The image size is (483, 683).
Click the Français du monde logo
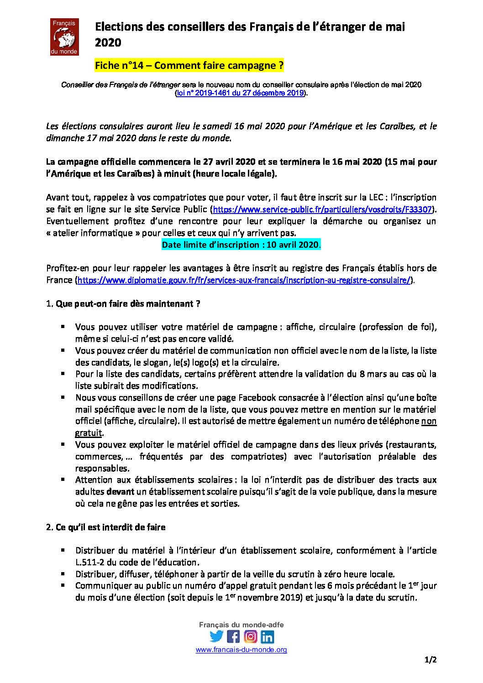tap(64, 37)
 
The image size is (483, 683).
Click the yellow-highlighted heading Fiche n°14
tap(189, 66)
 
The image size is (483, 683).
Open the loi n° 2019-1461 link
tap(241, 93)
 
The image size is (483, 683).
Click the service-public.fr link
tap(322, 210)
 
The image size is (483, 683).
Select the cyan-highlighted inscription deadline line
tap(241, 245)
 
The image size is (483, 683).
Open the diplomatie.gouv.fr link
tap(244, 280)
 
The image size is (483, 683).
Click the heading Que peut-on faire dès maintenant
tap(128, 304)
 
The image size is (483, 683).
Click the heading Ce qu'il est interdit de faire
tap(110, 527)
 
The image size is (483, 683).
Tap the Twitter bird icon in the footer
tap(216, 636)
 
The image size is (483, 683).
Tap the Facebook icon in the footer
tap(233, 636)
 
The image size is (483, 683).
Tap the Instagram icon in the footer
tap(251, 636)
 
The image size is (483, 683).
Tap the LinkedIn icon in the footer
tap(268, 636)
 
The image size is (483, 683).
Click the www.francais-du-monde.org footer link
tap(241, 650)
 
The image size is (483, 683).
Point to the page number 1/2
tap(430, 660)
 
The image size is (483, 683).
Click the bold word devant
tap(120, 492)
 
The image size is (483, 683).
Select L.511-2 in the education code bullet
tap(91, 563)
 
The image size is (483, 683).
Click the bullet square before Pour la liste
tap(63, 374)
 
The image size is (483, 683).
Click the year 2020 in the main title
tap(108, 43)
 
